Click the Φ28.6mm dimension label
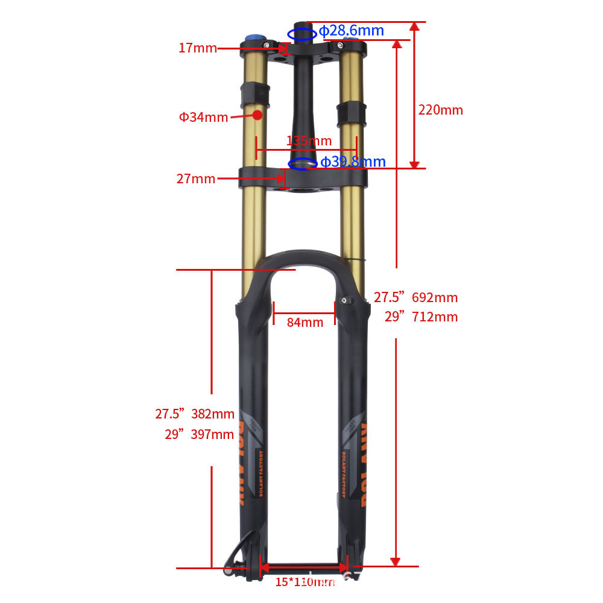click(351, 31)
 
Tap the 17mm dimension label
click(197, 48)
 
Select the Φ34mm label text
click(203, 117)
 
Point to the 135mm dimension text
click(309, 141)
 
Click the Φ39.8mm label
click(353, 162)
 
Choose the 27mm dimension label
click(195, 178)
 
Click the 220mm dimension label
click(441, 110)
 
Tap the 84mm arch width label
click(305, 322)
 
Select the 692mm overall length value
click(435, 297)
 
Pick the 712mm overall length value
click(435, 317)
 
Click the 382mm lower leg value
click(212, 414)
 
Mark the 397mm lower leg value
click(212, 434)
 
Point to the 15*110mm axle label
click(305, 582)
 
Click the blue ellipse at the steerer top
click(301, 34)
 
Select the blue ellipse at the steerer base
click(303, 163)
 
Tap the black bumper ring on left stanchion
click(256, 93)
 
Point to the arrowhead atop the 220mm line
click(414, 27)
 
